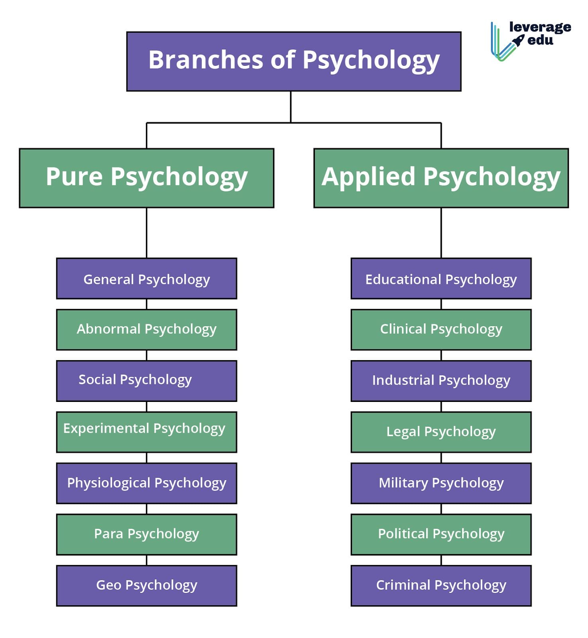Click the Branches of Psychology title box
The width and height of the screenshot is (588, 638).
[294, 61]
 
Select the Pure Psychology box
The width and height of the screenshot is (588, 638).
[147, 178]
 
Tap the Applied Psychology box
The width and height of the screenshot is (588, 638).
[441, 178]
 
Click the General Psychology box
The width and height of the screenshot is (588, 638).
[147, 279]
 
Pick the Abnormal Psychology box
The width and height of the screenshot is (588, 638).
[147, 330]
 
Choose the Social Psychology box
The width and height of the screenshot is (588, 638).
[147, 381]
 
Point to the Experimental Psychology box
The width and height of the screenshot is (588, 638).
[147, 432]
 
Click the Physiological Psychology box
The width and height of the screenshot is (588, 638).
[147, 483]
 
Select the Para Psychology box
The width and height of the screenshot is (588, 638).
[147, 534]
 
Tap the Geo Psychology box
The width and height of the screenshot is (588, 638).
[147, 585]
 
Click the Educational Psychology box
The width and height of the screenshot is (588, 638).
[441, 279]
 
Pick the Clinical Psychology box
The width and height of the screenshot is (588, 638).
[441, 330]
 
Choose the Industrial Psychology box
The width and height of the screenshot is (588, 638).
[441, 381]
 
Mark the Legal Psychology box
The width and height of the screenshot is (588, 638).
[441, 432]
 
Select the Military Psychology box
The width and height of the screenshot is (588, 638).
[441, 483]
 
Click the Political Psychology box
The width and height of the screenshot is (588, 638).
[441, 534]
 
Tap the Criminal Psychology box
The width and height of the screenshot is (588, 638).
[441, 585]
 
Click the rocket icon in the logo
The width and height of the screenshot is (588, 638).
[518, 40]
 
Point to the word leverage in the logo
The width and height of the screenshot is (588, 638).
[540, 27]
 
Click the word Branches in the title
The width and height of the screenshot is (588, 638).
[205, 60]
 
